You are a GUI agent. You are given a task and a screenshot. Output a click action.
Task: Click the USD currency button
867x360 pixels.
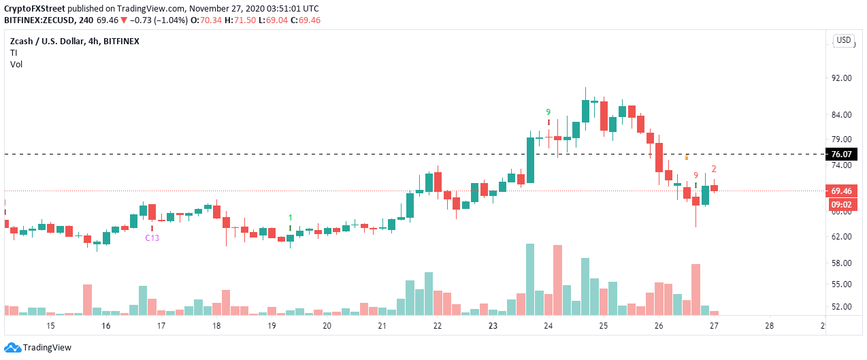(x=844, y=40)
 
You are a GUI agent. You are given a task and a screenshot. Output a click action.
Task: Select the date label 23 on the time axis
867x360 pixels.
(x=493, y=326)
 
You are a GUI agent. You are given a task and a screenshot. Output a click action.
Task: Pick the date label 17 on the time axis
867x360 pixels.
(x=161, y=326)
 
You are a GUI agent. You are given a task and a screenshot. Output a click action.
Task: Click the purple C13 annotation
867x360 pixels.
(x=152, y=238)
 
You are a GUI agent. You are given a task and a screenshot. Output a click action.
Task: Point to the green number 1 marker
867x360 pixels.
(x=291, y=218)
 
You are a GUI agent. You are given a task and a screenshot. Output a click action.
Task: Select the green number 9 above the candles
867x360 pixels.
(x=548, y=112)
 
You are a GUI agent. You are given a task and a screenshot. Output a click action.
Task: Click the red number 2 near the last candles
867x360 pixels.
(x=713, y=169)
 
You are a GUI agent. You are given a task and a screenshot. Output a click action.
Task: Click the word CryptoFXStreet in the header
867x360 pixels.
(x=32, y=7)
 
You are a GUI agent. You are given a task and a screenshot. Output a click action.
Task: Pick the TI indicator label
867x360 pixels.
(x=14, y=52)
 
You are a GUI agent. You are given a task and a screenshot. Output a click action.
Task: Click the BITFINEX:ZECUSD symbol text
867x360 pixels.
(x=41, y=20)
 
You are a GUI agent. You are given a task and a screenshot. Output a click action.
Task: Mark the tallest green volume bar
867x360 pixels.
(x=530, y=279)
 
